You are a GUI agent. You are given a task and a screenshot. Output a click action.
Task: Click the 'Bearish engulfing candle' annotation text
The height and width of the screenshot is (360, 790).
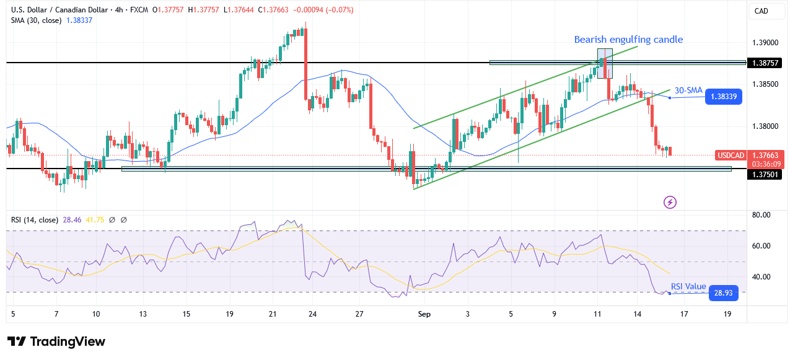point(628,40)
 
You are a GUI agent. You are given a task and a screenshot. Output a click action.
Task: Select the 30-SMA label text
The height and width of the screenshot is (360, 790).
point(688,90)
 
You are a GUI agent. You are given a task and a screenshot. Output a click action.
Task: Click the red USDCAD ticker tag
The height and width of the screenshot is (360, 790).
point(730,155)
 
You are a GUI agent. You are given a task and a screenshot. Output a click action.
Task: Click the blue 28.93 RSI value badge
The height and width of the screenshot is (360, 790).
point(724,292)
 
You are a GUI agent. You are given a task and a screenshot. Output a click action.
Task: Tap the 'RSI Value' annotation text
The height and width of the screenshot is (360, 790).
point(688,286)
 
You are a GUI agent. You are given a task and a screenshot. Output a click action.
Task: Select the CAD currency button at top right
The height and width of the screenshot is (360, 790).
point(761,11)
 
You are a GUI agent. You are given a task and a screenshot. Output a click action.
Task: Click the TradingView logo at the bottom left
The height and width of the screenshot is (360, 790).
point(56,341)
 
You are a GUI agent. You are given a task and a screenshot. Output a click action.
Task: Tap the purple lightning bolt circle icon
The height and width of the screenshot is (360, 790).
point(670,202)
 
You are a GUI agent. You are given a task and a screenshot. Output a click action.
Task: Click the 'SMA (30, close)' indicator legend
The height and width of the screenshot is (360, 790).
point(37,21)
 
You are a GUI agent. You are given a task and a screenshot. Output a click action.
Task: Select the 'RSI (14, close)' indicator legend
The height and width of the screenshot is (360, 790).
point(35,219)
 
